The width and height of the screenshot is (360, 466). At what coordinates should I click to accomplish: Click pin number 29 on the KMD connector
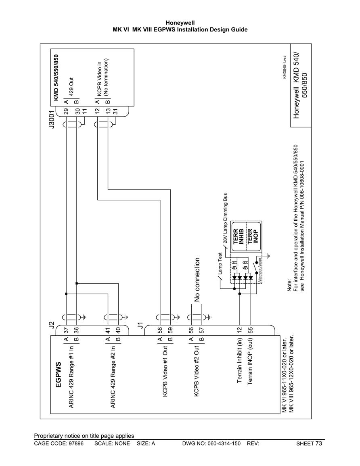[66, 111]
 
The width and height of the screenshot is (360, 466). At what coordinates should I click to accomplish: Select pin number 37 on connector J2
[66, 330]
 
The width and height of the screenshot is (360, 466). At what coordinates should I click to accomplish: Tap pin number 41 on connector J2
[108, 330]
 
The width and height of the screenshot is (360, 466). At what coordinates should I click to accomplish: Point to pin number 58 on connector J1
[160, 330]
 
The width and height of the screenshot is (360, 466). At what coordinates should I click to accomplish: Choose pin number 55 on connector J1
[250, 330]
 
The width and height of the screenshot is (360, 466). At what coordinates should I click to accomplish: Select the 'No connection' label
[197, 280]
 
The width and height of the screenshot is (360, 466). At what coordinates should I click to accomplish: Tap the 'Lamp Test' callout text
[220, 263]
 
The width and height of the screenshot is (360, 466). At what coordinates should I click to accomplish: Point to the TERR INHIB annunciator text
[239, 236]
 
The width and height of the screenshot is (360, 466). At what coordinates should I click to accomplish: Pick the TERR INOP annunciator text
[252, 236]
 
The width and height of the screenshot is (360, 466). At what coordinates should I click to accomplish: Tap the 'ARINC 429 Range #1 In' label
[71, 376]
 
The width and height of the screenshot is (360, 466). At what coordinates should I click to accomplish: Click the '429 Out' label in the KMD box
[71, 86]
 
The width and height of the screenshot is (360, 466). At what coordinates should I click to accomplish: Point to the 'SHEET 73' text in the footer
[309, 444]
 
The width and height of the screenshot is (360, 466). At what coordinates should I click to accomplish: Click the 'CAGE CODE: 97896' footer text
[59, 444]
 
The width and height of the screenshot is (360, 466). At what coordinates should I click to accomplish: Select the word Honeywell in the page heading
[180, 23]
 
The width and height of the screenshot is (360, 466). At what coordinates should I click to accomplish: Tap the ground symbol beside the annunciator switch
[268, 255]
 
